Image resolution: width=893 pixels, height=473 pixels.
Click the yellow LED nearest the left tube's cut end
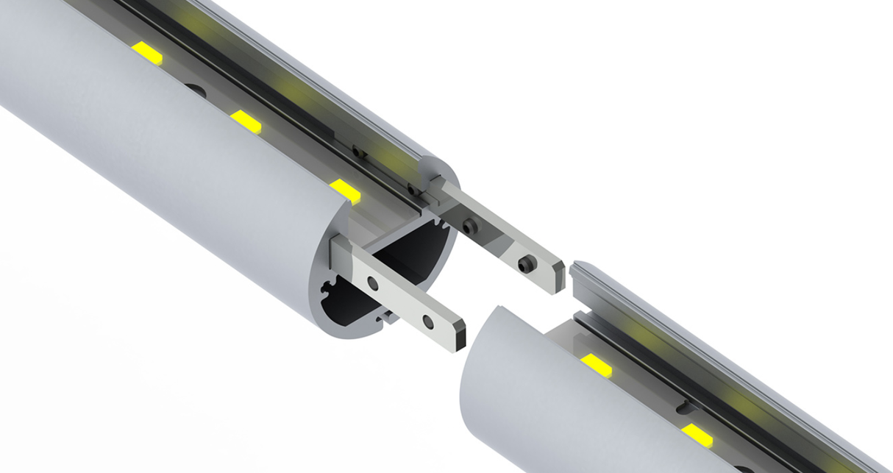click(345, 190)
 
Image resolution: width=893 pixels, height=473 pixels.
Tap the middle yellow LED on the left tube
click(246, 122)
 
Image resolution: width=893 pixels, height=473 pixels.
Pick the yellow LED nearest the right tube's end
click(596, 363)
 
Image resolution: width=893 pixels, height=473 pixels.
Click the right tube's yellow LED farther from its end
click(697, 435)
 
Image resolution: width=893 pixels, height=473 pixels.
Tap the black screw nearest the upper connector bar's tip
click(526, 263)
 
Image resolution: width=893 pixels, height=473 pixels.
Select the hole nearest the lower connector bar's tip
click(427, 321)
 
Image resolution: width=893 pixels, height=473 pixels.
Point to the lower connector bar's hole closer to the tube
click(373, 283)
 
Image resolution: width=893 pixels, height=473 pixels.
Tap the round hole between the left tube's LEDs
click(195, 89)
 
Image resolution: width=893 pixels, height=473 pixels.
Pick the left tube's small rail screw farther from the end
click(358, 152)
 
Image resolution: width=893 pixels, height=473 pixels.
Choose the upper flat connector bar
click(500, 237)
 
